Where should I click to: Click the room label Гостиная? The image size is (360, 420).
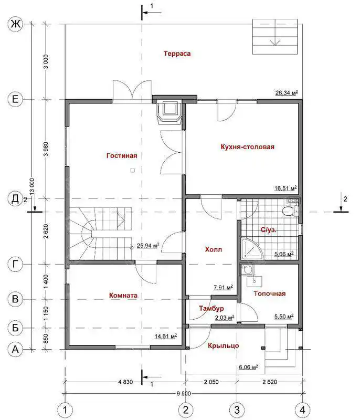[x=122, y=155]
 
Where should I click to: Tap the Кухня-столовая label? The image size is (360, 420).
[x=248, y=147]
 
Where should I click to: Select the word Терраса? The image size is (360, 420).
[x=177, y=54]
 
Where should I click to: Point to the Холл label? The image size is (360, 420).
[x=213, y=250]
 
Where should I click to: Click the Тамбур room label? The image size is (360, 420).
[x=211, y=308]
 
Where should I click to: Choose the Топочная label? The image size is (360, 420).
[x=270, y=293]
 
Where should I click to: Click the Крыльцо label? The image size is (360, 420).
[x=224, y=346]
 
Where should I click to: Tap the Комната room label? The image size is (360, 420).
[x=123, y=296]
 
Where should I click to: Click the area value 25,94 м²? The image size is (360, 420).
[x=148, y=245]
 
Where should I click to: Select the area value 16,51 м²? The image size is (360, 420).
[x=285, y=188]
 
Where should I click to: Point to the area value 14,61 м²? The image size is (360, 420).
[x=166, y=336]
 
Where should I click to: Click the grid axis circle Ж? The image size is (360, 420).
[x=15, y=24]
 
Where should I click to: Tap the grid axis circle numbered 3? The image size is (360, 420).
[x=237, y=410]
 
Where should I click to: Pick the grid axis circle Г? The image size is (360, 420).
[x=15, y=264]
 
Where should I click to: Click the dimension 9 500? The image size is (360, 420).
[x=184, y=393]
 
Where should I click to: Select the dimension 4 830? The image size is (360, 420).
[x=125, y=382]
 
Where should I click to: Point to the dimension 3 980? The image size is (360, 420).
[x=46, y=149]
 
